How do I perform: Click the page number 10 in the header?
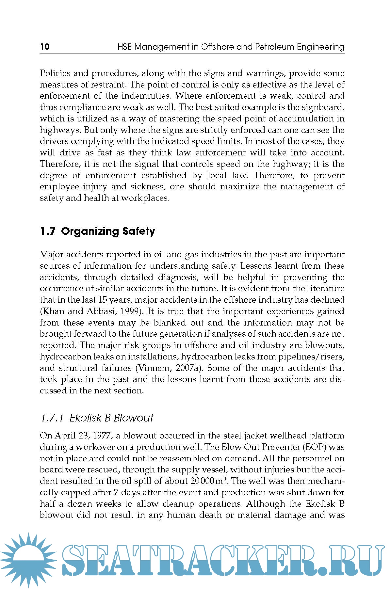tap(45, 47)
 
